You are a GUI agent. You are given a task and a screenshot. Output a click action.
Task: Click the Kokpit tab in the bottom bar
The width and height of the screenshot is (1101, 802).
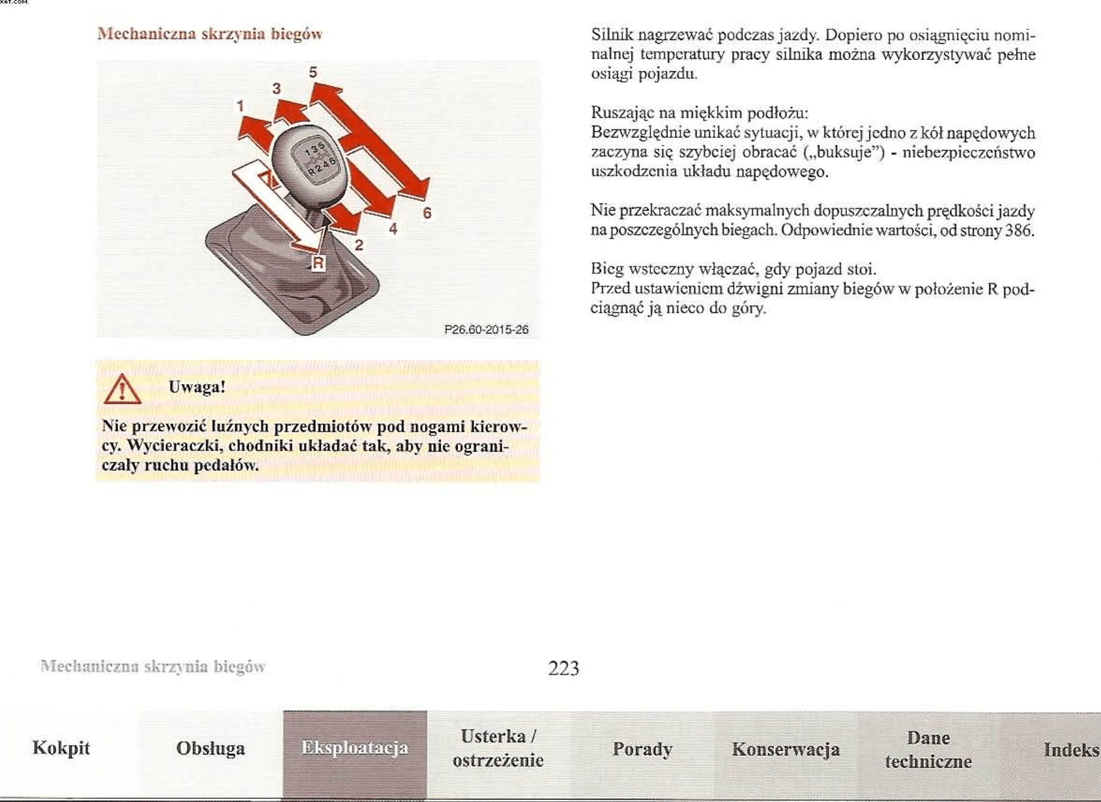click(61, 748)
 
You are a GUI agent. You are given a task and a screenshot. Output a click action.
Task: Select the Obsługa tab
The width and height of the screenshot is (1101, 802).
click(210, 748)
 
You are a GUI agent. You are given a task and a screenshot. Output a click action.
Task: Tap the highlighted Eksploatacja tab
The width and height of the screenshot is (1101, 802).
click(355, 748)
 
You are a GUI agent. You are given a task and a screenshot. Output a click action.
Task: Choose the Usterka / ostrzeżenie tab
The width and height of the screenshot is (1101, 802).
click(498, 748)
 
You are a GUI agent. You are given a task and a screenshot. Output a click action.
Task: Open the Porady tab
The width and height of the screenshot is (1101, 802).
click(642, 749)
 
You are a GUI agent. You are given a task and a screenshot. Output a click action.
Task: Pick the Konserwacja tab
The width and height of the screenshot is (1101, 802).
click(785, 749)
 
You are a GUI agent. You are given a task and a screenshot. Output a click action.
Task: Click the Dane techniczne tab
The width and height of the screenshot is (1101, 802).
click(928, 750)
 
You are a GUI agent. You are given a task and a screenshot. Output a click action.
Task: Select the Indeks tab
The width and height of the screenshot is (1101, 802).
click(1071, 750)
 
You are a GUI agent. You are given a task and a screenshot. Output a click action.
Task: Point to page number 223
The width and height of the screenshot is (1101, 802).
click(564, 668)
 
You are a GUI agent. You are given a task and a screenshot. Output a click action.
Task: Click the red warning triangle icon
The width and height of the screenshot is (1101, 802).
click(122, 389)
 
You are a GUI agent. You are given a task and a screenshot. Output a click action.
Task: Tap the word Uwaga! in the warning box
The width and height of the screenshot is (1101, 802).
click(196, 387)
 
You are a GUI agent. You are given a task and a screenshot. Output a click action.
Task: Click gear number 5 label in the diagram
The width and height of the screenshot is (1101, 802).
click(313, 72)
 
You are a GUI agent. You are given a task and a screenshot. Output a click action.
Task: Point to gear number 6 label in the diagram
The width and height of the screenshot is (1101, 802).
click(427, 213)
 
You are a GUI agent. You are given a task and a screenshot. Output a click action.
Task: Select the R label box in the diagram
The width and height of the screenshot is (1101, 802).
click(318, 263)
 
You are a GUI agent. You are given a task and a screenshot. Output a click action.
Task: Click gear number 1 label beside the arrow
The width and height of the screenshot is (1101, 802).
click(240, 106)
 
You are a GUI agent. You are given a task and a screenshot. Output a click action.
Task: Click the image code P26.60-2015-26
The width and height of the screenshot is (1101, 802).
click(486, 330)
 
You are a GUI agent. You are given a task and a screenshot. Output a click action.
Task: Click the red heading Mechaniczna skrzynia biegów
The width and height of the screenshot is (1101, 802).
click(210, 34)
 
